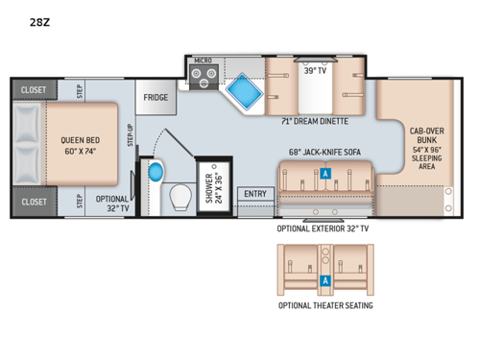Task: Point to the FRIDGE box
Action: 156,98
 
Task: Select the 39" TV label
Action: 315,70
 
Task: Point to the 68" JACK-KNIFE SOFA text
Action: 325,152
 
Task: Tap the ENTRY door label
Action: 255,194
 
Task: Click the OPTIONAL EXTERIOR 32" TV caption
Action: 324,229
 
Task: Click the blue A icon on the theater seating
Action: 324,280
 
